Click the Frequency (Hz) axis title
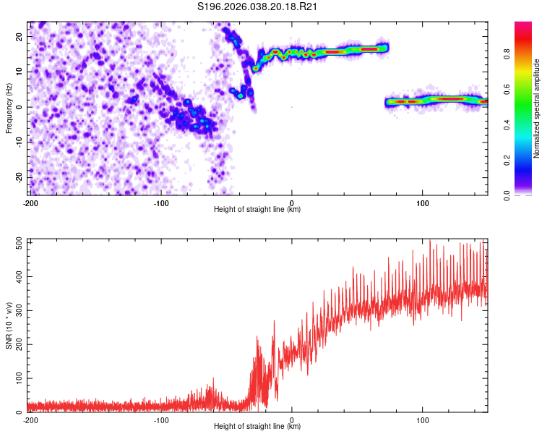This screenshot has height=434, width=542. click(x=9, y=107)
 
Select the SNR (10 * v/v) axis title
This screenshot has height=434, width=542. click(x=9, y=325)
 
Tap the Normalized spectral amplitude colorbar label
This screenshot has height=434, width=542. click(x=536, y=109)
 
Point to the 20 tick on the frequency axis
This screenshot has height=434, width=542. click(x=20, y=36)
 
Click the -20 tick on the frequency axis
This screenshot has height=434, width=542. click(x=18, y=177)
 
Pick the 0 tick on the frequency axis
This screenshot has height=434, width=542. click(x=22, y=107)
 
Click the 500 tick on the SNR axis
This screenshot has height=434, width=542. click(x=17, y=243)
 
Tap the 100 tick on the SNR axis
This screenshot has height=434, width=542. click(x=17, y=378)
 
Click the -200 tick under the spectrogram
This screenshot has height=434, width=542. click(x=30, y=203)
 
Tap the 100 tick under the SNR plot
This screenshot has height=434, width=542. click(x=423, y=420)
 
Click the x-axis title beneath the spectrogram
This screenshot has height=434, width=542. click(x=257, y=210)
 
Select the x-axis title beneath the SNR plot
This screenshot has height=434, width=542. click(x=257, y=427)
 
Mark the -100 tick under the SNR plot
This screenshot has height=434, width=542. click(x=161, y=420)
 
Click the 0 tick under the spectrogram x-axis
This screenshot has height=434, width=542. click(x=292, y=203)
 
